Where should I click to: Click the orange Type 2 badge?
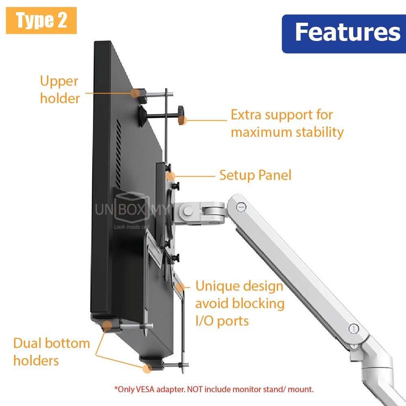click(x=41, y=20)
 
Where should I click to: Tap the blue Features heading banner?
click(x=343, y=33)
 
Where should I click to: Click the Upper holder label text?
click(x=59, y=89)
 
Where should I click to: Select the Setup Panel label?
click(x=255, y=175)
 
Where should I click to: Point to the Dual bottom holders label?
click(x=52, y=352)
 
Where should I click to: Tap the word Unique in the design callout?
click(x=215, y=286)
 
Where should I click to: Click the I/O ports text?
click(x=222, y=321)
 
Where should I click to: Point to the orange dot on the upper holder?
click(x=134, y=93)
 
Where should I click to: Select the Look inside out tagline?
click(x=132, y=227)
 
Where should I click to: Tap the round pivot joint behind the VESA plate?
click(x=188, y=210)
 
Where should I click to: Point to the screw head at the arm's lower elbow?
click(x=354, y=328)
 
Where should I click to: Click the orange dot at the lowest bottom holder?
click(x=147, y=368)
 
